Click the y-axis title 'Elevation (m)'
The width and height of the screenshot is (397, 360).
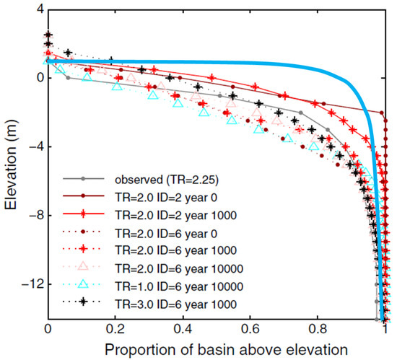(10, 163)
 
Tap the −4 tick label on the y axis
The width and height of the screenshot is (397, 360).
(26, 147)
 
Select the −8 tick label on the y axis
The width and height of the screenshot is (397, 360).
(26, 216)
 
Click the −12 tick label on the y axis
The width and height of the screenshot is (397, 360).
(23, 284)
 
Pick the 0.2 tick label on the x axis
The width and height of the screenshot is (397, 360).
(115, 330)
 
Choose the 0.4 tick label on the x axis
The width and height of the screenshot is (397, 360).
(183, 330)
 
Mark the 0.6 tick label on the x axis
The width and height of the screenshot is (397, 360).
(250, 330)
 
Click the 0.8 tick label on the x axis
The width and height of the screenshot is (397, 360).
(318, 330)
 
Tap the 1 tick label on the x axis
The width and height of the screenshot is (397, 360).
(385, 330)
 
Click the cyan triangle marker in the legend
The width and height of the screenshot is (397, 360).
(84, 284)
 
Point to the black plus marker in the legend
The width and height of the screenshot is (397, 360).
(84, 301)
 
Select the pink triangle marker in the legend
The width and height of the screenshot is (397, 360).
(84, 266)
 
